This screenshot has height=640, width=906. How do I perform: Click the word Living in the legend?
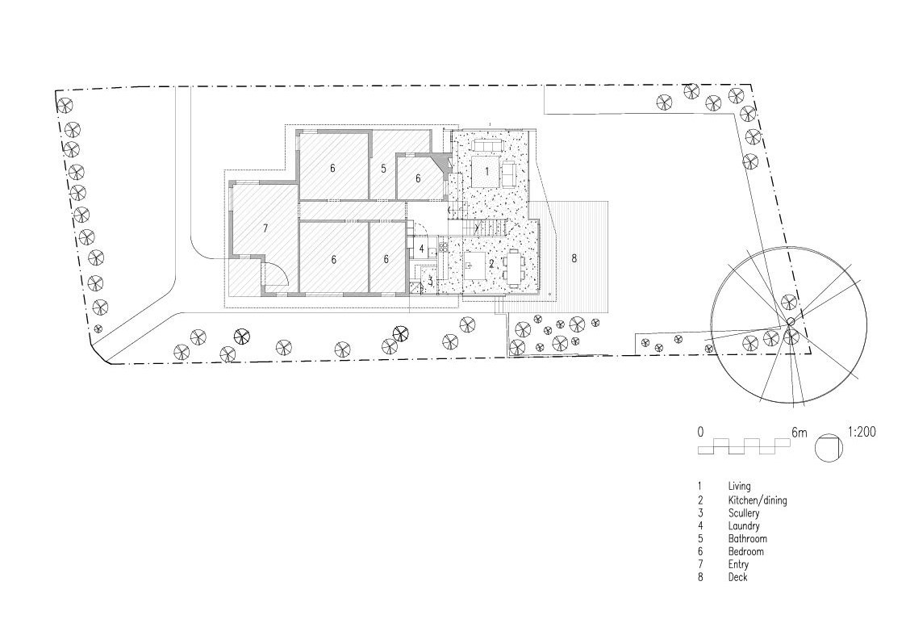[739, 487]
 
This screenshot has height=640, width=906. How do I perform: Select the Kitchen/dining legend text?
[758, 500]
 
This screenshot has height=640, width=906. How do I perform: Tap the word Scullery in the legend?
[744, 512]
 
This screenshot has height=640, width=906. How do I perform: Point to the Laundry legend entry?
[744, 525]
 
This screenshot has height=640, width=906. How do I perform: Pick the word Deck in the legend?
[738, 577]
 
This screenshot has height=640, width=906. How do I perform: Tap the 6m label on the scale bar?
[800, 433]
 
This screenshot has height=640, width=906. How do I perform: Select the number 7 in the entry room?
[265, 228]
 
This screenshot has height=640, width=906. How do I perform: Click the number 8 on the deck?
[574, 258]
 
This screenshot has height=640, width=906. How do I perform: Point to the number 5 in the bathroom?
[383, 169]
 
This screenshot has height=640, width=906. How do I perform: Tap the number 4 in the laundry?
[422, 249]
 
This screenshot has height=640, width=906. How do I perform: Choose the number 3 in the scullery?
[431, 282]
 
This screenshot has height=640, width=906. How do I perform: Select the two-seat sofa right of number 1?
[509, 174]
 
